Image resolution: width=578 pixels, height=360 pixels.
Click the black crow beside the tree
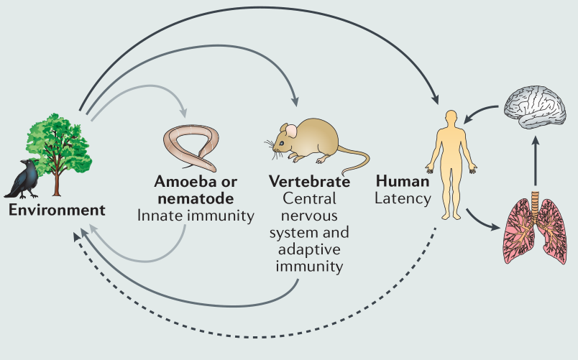click(23, 180)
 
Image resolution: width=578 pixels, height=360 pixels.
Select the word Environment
click(57, 210)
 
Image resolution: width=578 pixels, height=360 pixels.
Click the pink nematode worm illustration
click(192, 147)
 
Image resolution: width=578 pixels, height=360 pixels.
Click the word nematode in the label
click(196, 198)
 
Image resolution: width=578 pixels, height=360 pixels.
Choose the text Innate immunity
click(196, 216)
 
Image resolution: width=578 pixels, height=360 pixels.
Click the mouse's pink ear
click(291, 131)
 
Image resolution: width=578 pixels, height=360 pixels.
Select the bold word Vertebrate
click(309, 182)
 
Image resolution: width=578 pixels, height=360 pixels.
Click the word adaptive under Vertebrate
click(309, 249)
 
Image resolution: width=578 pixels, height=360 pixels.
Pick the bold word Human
click(403, 181)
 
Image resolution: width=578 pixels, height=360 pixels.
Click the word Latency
click(403, 198)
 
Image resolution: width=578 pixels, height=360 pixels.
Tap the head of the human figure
click(451, 118)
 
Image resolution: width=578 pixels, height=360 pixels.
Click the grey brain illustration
click(535, 107)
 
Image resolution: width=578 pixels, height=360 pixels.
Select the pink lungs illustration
click(535, 229)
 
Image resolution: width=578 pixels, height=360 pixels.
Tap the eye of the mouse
click(282, 143)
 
